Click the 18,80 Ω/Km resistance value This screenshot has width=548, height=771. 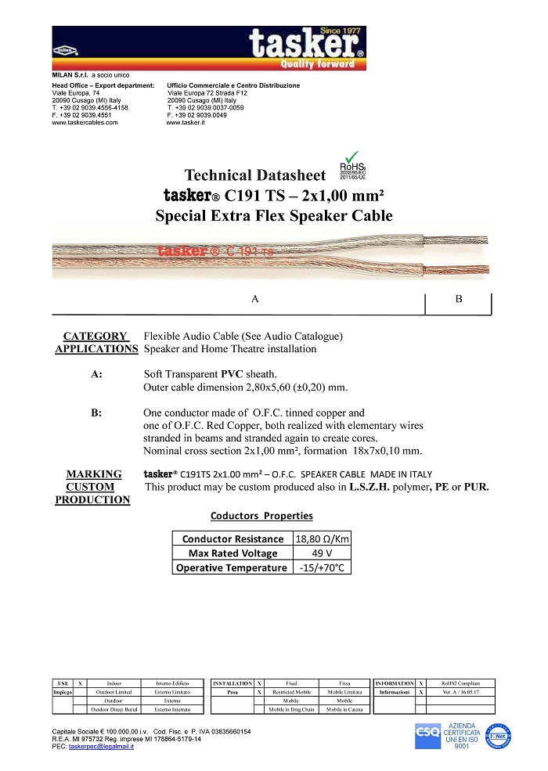320,539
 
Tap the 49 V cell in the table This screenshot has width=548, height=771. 320,553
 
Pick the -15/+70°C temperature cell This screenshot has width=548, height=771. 320,567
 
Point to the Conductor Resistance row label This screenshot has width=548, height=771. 233,539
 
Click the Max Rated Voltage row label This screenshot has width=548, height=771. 233,553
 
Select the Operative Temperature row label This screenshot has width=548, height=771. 233,567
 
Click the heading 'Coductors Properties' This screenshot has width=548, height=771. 261,516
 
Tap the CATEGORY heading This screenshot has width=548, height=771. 95,336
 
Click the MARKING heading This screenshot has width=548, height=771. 94,474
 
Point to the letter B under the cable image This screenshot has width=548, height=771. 459,299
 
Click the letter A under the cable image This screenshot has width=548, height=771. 255,299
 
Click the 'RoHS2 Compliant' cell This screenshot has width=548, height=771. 455,683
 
